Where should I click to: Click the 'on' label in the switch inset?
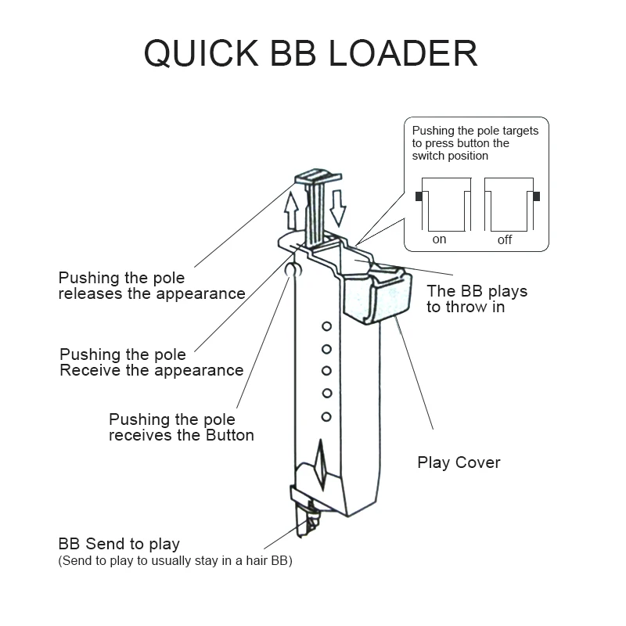pos(439,239)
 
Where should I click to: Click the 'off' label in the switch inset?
pos(505,239)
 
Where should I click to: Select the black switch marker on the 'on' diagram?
pos(419,196)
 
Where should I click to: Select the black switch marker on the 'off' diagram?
pos(536,196)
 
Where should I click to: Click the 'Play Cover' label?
pos(459,462)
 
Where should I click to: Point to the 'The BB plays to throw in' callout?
pos(477,299)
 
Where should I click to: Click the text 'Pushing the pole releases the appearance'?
pos(152,286)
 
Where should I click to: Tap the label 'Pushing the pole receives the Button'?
pos(182,426)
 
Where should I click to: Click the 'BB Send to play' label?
pos(119,544)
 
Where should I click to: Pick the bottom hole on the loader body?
pos(326,417)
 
